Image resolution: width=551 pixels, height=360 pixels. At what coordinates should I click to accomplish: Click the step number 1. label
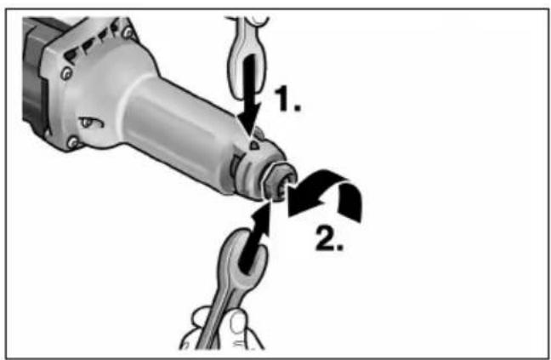pos(287,99)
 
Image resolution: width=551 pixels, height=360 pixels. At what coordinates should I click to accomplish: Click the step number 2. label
pos(329,238)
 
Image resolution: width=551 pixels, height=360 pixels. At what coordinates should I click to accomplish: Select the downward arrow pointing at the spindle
pos(250,94)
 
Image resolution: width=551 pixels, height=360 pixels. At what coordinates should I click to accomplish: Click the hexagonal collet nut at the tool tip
pos(280,182)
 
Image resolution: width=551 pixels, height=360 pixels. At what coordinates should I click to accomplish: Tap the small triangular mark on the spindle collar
pos(253,144)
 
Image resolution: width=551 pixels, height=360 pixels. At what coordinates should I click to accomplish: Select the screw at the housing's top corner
pos(127,32)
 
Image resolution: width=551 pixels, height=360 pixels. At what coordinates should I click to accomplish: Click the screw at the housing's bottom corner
pos(73,142)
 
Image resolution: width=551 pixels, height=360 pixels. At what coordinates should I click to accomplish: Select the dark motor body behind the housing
pos(33,71)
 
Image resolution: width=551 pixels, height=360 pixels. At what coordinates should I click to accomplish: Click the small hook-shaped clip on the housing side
pos(92,123)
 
